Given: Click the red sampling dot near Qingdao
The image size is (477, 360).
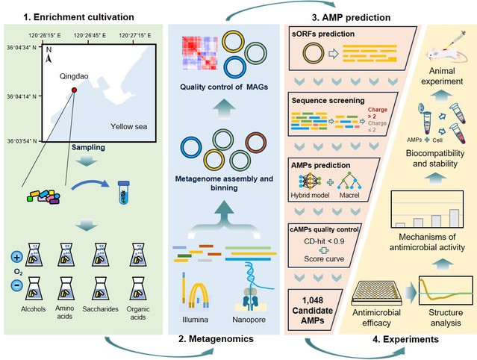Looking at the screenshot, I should pyautogui.click(x=74, y=90).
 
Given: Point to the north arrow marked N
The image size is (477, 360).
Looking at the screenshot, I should pyautogui.click(x=49, y=55).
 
